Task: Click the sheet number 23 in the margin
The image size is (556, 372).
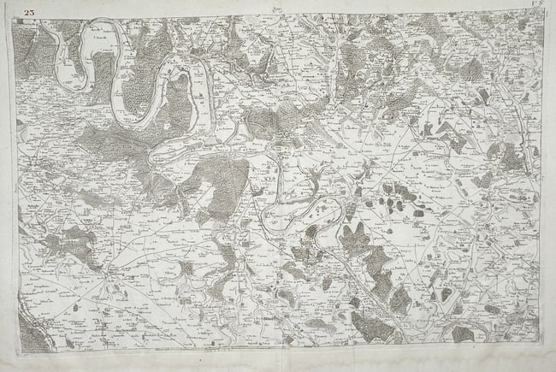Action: point(30,12)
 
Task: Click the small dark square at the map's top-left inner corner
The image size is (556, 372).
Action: point(18,21)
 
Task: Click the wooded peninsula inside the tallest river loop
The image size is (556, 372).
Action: point(175,103)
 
